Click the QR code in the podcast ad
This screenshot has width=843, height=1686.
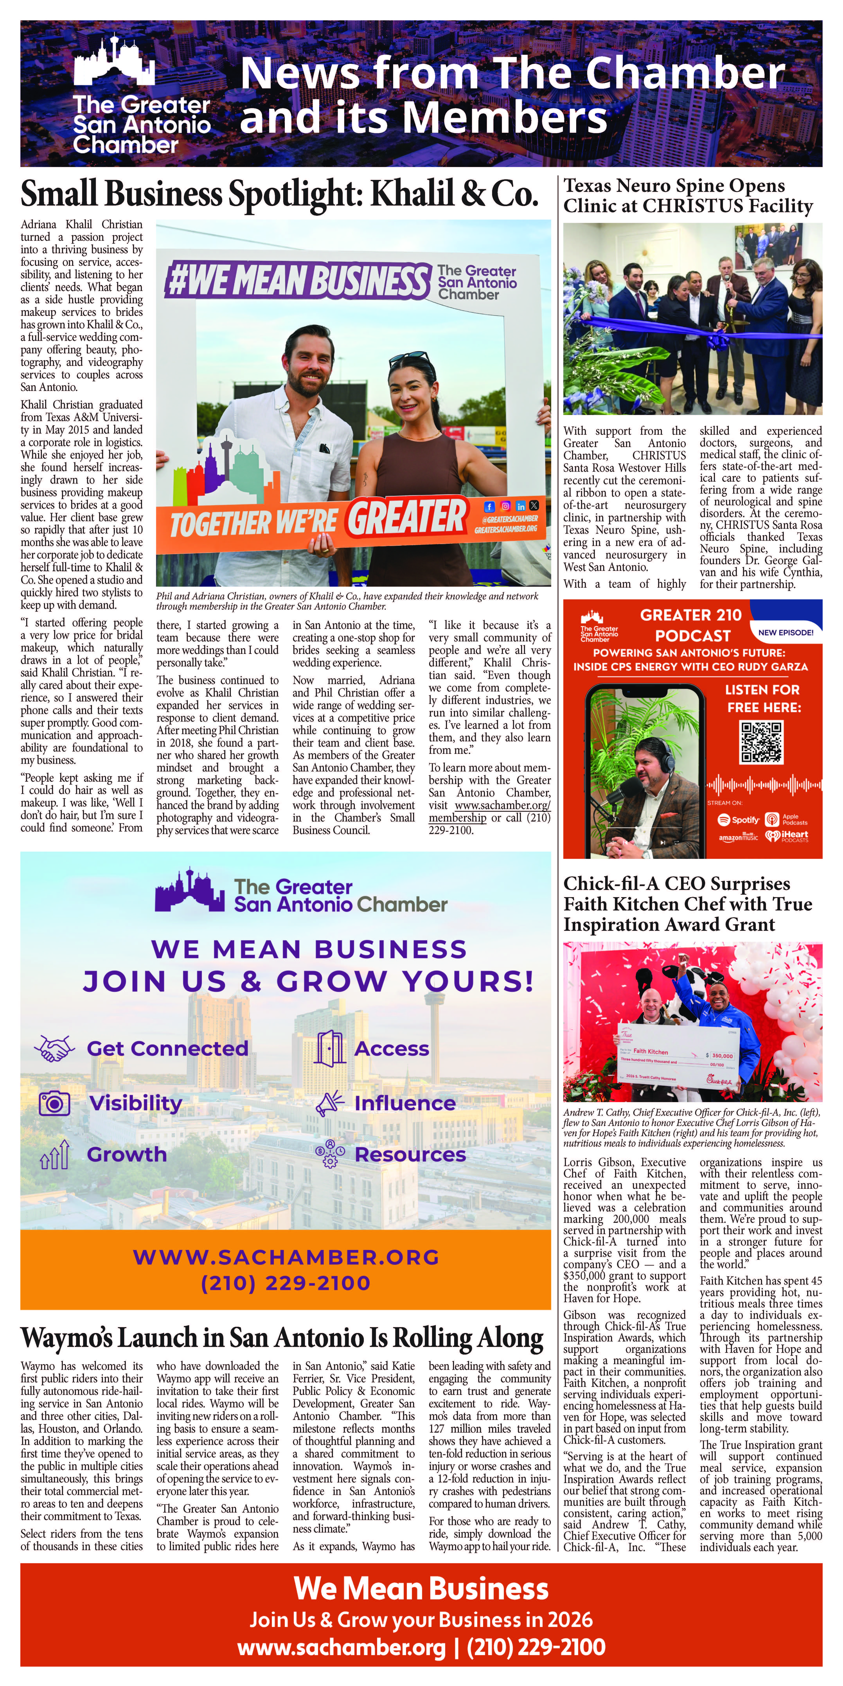(761, 742)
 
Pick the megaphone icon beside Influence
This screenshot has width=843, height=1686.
(330, 1103)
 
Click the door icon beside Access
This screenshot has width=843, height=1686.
(330, 1048)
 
